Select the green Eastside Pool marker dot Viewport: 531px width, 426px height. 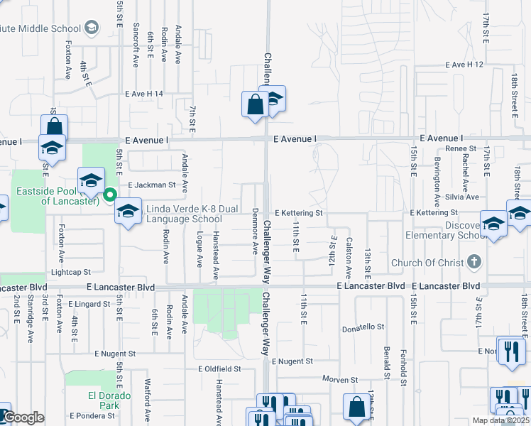[110, 195]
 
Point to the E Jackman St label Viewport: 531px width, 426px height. [151, 185]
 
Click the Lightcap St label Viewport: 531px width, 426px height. [71, 272]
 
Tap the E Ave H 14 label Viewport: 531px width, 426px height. [143, 94]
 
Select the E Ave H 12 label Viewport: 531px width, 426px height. [464, 65]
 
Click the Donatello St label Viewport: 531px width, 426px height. [363, 328]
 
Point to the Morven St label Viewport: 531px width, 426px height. [338, 379]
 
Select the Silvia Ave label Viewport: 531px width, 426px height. [463, 197]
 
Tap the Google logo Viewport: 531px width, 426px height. [23, 417]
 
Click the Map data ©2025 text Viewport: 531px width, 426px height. [500, 420]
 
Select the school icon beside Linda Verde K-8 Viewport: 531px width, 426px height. [128, 211]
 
